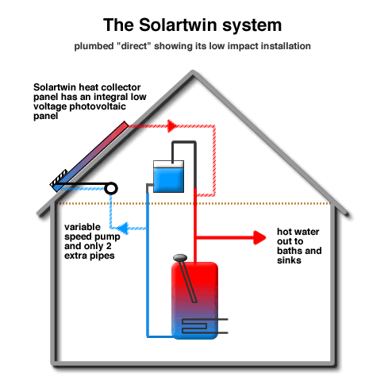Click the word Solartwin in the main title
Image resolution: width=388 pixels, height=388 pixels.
(179, 25)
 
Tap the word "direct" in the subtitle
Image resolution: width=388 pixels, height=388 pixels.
(134, 46)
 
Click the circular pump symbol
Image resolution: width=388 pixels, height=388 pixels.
(111, 188)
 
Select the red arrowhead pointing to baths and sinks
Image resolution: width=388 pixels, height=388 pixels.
(259, 237)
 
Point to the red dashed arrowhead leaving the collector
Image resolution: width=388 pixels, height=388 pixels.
(172, 126)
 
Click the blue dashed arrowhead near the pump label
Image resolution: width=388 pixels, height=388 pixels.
(123, 228)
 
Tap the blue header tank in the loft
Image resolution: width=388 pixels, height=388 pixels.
(168, 176)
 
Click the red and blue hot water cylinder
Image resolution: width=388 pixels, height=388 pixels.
(195, 301)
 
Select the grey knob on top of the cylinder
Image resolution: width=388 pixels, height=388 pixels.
(180, 258)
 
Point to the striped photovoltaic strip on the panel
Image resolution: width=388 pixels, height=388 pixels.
(59, 178)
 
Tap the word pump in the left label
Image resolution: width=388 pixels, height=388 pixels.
(109, 237)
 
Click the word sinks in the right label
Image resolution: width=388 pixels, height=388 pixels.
(289, 260)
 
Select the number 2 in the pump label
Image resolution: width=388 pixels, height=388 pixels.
(109, 246)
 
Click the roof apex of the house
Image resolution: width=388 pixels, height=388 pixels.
(193, 72)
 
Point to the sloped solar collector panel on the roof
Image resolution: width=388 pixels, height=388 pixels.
(90, 156)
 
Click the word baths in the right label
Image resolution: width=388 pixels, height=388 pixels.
(289, 251)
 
